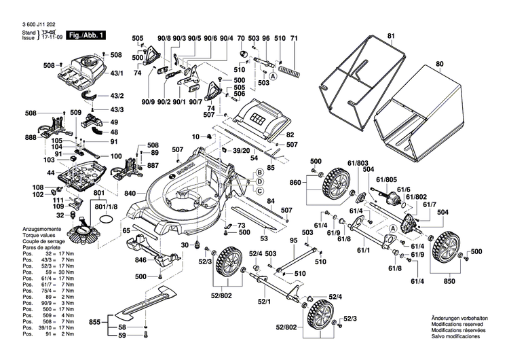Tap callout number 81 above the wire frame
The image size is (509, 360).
[390, 35]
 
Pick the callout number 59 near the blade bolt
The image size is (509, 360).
[123, 335]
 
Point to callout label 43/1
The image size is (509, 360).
[117, 73]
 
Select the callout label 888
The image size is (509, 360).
[30, 137]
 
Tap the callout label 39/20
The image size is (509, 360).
[242, 150]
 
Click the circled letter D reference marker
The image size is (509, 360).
[259, 181]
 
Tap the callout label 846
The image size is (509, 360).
[140, 259]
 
